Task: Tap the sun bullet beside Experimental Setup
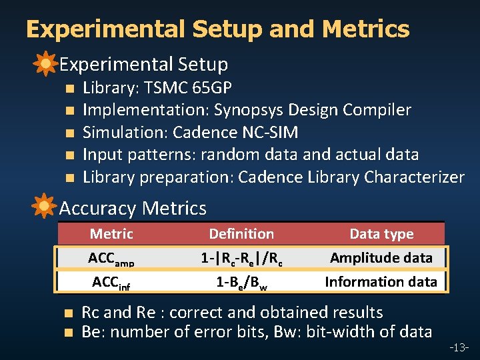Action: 45,64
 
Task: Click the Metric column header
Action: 111,234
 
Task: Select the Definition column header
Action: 241,234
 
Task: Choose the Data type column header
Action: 381,234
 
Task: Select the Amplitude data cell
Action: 381,258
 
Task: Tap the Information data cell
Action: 381,282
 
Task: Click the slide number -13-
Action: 459,347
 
